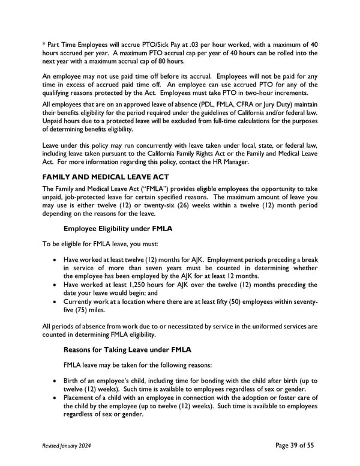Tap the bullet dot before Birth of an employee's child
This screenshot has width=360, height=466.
point(56,381)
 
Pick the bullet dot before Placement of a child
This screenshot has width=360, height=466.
point(56,398)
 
